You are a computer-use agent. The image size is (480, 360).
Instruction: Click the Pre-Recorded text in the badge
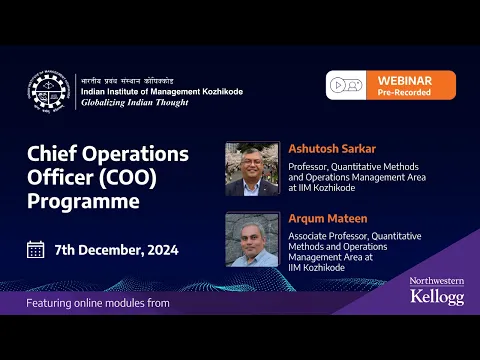(405, 91)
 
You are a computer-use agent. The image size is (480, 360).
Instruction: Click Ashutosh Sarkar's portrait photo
(252, 167)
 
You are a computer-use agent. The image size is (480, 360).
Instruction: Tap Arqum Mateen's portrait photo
(252, 239)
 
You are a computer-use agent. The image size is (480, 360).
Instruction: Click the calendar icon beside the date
(36, 249)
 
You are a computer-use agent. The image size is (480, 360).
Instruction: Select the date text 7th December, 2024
(116, 249)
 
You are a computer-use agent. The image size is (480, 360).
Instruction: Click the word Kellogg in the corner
(437, 298)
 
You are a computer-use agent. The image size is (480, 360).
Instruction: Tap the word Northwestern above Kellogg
(437, 282)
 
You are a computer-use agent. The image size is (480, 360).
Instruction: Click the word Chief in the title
(54, 154)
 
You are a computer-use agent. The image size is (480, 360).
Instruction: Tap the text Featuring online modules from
(98, 303)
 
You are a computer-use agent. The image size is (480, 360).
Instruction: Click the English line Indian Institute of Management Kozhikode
(161, 91)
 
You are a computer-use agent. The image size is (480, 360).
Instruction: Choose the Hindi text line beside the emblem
(132, 79)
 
